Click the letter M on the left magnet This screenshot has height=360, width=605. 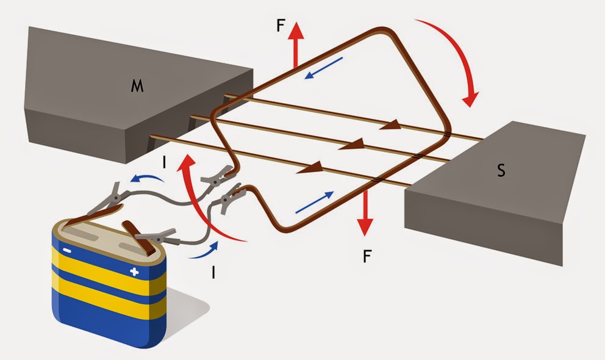pyautogui.click(x=137, y=87)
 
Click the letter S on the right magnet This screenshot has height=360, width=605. pyautogui.click(x=501, y=170)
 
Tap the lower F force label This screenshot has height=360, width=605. pyautogui.click(x=366, y=256)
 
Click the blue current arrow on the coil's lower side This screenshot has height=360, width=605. pyautogui.click(x=315, y=203)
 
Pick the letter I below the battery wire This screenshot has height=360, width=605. pyautogui.click(x=213, y=272)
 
